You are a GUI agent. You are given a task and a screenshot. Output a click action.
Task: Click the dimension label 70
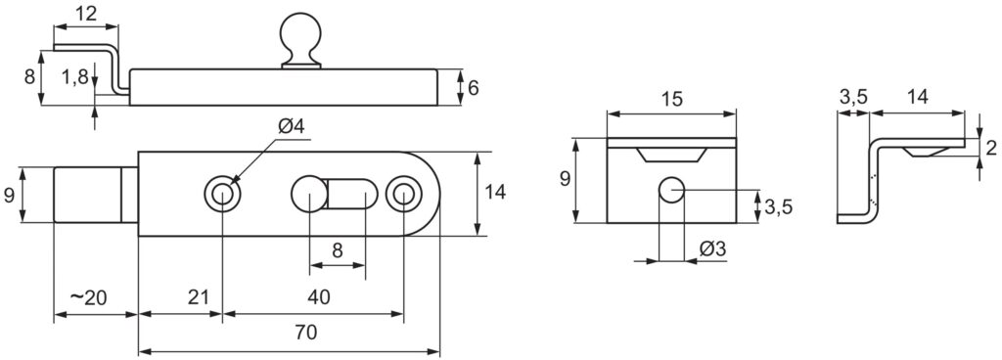pyautogui.click(x=304, y=333)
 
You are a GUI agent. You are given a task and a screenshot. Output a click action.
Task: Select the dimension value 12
pyautogui.click(x=85, y=14)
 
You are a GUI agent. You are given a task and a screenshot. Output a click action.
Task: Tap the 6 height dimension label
pyautogui.click(x=474, y=87)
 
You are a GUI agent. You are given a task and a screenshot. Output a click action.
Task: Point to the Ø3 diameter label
pyautogui.click(x=713, y=251)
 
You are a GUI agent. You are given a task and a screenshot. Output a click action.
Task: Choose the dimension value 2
pyautogui.click(x=990, y=147)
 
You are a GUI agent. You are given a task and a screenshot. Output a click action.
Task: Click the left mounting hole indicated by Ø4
pyautogui.click(x=223, y=194)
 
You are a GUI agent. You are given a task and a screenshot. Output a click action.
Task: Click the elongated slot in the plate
pyautogui.click(x=338, y=193)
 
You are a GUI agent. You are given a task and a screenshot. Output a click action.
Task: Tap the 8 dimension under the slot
pyautogui.click(x=338, y=250)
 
